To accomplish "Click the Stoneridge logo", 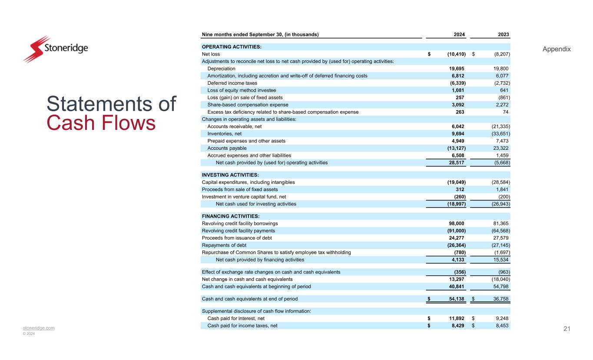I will (x=55, y=49).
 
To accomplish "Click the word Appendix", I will (x=557, y=49).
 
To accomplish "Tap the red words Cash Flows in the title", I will (x=101, y=123).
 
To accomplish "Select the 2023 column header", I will (x=504, y=34).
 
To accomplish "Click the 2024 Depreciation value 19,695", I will (x=456, y=69).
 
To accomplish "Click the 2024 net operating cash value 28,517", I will (x=456, y=163).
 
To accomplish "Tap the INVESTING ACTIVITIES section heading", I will (x=231, y=175).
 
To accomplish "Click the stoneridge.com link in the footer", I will (x=39, y=328).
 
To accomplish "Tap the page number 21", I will (x=566, y=329).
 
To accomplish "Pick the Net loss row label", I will (x=211, y=54).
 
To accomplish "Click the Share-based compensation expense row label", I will (x=248, y=105).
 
